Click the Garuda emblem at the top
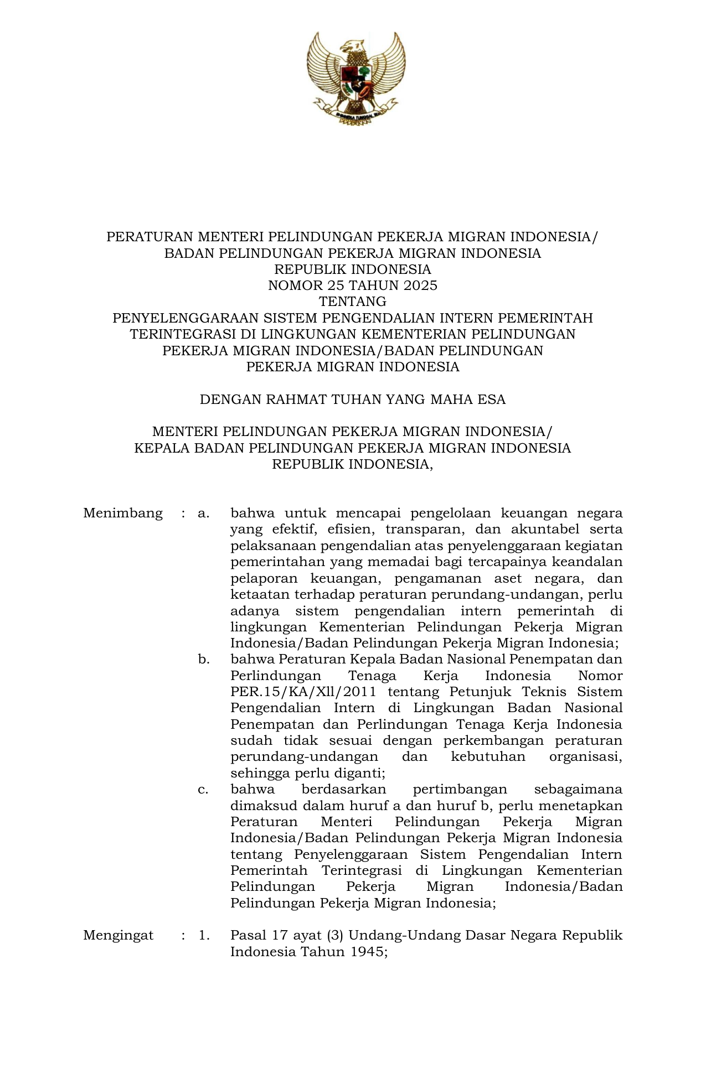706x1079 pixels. tap(353, 77)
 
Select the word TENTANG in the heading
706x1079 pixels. tap(353, 302)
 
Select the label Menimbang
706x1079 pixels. tap(123, 513)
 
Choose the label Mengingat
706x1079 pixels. tap(118, 936)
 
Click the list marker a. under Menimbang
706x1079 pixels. tap(204, 513)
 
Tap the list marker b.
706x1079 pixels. tap(204, 660)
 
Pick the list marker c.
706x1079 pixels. tap(203, 790)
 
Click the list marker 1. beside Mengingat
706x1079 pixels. tap(204, 936)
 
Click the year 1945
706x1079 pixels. tap(368, 952)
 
